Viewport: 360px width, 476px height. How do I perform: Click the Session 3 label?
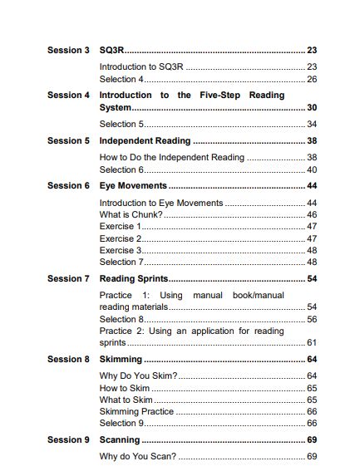click(68, 51)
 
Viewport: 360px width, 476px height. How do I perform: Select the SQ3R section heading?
click(111, 51)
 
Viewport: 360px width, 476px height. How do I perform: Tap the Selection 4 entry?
click(122, 80)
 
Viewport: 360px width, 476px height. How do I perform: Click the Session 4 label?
click(68, 96)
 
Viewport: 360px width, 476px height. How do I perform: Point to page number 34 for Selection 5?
click(312, 125)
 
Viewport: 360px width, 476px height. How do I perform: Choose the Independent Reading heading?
click(145, 141)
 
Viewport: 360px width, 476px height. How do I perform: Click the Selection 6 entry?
click(122, 169)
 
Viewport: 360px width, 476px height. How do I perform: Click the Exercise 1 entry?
click(121, 227)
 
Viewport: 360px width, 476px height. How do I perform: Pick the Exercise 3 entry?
click(121, 250)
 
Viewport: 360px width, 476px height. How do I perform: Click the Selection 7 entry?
click(122, 262)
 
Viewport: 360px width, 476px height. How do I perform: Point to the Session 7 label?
click(68, 279)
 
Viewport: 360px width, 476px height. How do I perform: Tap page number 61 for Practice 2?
click(312, 342)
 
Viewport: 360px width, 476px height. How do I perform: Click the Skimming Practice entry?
click(136, 411)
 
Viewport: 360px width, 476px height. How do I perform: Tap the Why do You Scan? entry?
click(138, 457)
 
